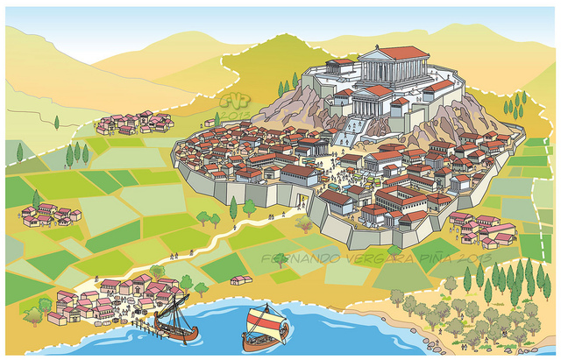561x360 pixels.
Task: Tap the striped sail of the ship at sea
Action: pos(262,321)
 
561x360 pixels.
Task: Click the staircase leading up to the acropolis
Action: pos(349,131)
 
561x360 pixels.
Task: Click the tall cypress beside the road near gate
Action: pos(233,208)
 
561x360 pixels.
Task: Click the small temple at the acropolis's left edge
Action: pos(340,67)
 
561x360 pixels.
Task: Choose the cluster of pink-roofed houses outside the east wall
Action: pos(487,229)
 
